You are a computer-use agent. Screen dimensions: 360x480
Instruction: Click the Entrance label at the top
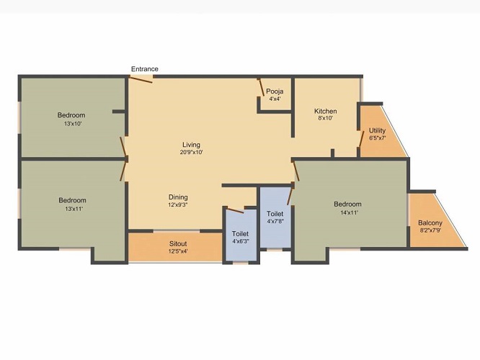[144, 69]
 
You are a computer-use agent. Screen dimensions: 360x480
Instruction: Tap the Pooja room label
[275, 91]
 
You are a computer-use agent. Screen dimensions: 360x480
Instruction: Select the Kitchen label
[325, 111]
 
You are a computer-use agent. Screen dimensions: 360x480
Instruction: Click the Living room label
[191, 144]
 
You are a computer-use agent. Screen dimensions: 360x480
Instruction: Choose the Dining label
[178, 197]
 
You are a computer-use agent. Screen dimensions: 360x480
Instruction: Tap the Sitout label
[178, 243]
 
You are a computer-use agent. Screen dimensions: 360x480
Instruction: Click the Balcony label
[430, 223]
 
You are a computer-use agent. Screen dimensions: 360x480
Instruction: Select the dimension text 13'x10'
[72, 124]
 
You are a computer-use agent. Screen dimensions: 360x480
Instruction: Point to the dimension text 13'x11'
[72, 209]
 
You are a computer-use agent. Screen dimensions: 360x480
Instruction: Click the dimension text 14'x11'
[347, 212]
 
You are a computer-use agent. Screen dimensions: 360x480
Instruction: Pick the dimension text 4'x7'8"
[275, 222]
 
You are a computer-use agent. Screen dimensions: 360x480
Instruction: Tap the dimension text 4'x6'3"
[240, 242]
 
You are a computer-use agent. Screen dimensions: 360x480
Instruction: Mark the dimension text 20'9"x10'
[191, 153]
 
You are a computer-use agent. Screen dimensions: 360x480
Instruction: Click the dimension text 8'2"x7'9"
[430, 231]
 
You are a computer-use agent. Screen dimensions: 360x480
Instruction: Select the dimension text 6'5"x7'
[378, 138]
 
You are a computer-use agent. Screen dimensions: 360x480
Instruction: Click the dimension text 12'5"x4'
[178, 251]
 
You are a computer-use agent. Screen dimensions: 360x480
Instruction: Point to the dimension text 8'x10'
[325, 120]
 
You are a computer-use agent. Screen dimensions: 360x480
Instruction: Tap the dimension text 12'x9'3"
[178, 205]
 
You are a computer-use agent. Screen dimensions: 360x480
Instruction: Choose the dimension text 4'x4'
[275, 99]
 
